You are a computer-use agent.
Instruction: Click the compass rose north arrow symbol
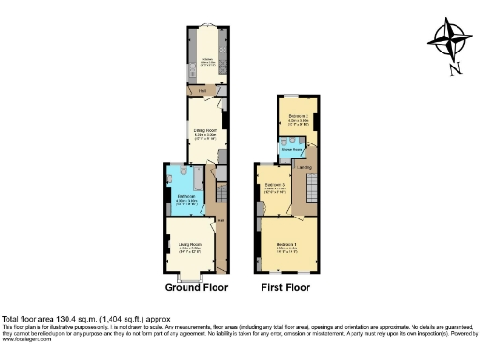[448, 37]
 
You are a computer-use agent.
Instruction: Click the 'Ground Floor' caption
[196, 287]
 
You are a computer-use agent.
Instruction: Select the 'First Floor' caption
[286, 287]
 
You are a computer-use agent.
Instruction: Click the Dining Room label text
[204, 132]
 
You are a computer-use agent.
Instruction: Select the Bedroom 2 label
[300, 119]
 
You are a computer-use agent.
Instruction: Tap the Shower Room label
[291, 148]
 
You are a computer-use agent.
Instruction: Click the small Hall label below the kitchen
[202, 90]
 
